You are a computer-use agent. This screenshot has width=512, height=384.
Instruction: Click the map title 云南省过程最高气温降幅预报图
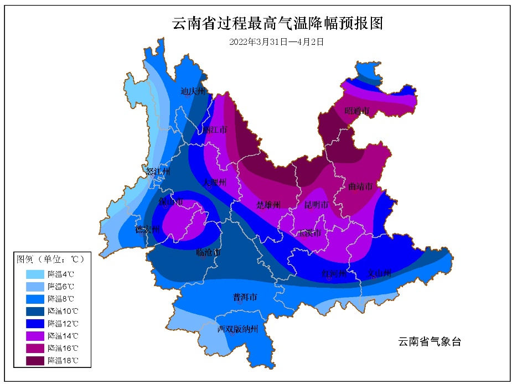point(278,23)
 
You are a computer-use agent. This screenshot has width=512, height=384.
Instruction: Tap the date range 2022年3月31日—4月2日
point(276,41)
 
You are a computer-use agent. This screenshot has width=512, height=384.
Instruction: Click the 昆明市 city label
point(317,205)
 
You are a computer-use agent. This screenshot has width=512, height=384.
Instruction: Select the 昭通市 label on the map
point(356,111)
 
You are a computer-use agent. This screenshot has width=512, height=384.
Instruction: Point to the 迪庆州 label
point(193,92)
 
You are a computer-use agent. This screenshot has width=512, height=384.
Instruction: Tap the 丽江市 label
point(215,131)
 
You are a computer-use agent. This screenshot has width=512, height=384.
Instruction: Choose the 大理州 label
point(214,182)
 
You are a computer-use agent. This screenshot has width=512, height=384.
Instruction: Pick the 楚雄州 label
point(268,205)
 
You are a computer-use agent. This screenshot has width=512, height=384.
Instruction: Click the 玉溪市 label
point(309,233)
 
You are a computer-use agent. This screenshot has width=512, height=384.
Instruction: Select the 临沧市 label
point(208,252)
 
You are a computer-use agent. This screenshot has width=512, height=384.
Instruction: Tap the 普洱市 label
point(245,297)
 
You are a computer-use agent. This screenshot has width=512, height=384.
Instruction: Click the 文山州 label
point(380,273)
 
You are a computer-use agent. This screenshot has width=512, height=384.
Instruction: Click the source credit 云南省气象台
point(429,342)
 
